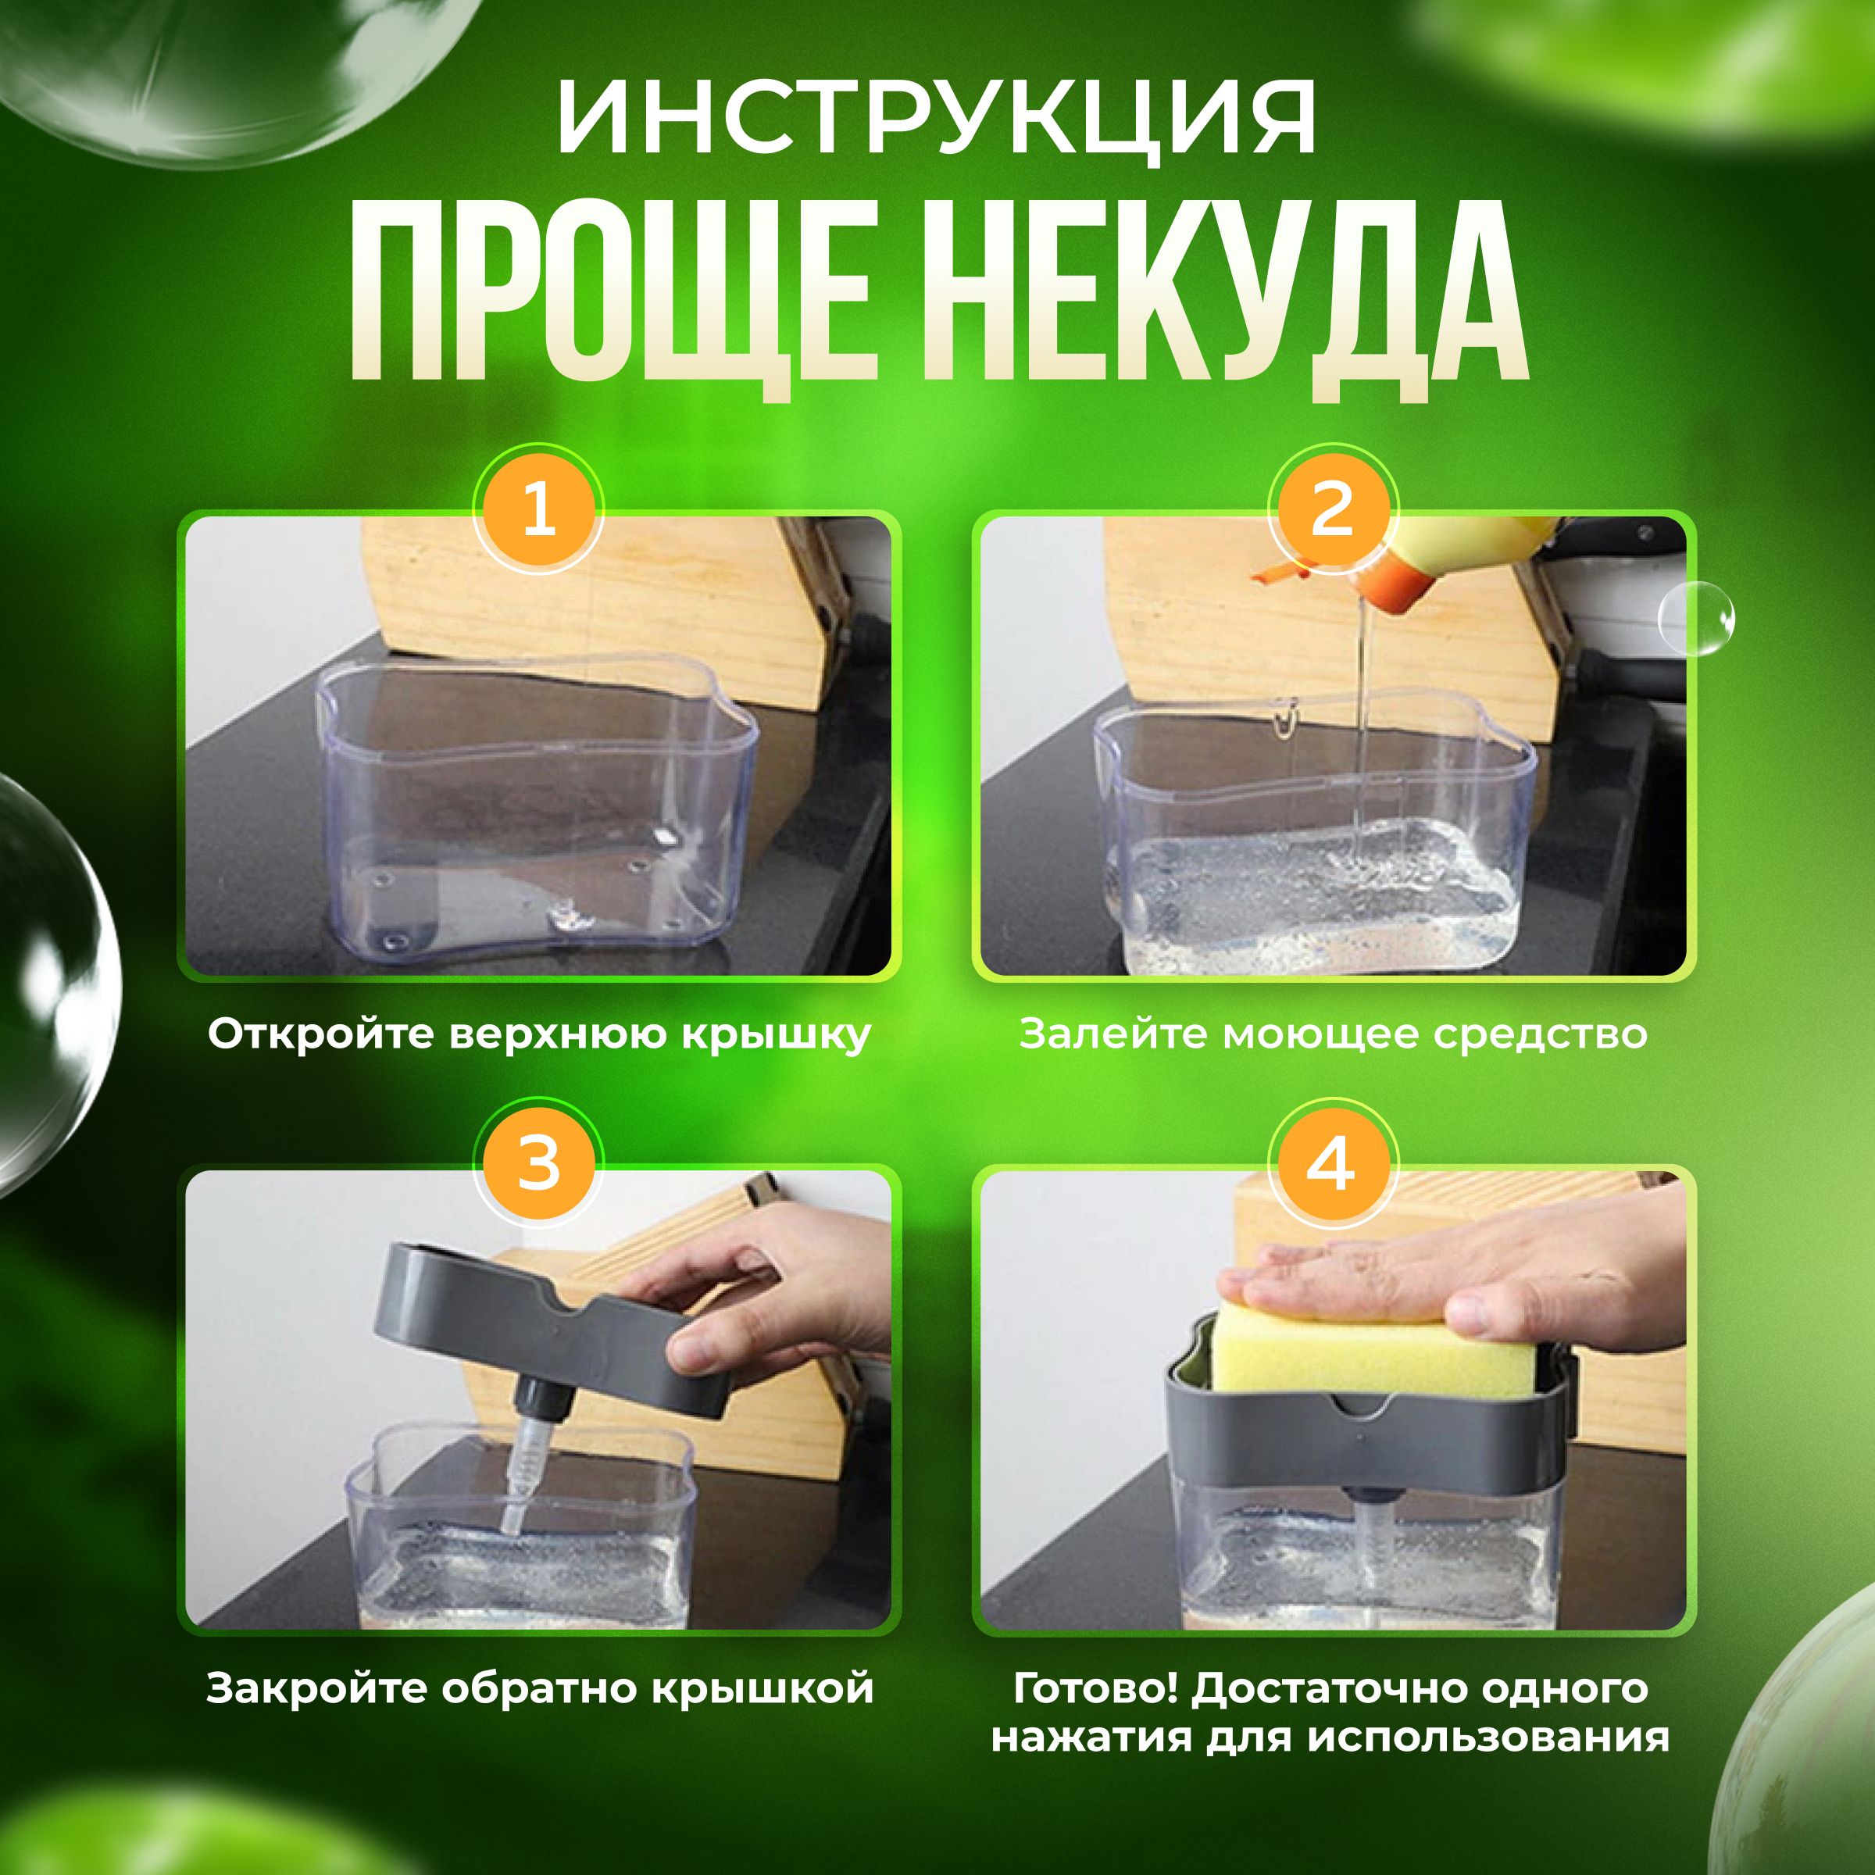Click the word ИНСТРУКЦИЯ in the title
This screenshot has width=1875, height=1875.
click(x=937, y=120)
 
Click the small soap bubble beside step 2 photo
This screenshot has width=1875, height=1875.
click(x=1695, y=618)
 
